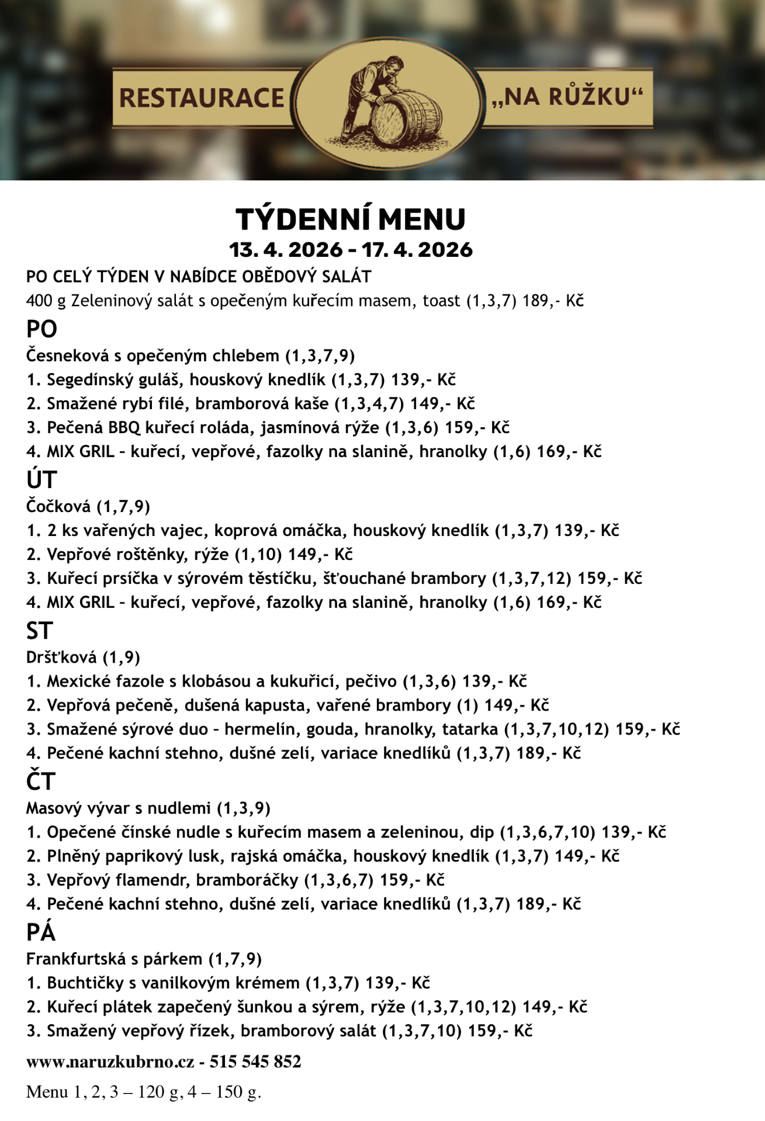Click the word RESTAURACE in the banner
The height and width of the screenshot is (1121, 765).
pyautogui.click(x=202, y=98)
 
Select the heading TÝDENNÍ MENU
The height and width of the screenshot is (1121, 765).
pyautogui.click(x=351, y=220)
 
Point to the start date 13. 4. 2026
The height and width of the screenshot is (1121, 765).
pyautogui.click(x=285, y=250)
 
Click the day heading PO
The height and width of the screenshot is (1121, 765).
pyautogui.click(x=41, y=330)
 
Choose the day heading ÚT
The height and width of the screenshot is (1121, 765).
pyautogui.click(x=41, y=481)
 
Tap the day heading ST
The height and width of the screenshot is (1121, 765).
pyautogui.click(x=40, y=631)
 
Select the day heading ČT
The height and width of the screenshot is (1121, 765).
pyautogui.click(x=40, y=782)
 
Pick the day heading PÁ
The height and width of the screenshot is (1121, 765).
pyautogui.click(x=41, y=932)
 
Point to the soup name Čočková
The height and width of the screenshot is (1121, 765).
pyautogui.click(x=58, y=506)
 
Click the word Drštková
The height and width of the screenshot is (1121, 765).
pyautogui.click(x=62, y=657)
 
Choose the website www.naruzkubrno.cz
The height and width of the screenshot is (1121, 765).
pyautogui.click(x=110, y=1061)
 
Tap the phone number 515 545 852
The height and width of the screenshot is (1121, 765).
pyautogui.click(x=255, y=1061)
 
